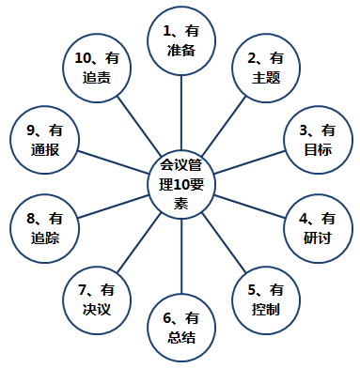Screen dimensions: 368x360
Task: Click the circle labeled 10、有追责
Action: pos(95,69)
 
